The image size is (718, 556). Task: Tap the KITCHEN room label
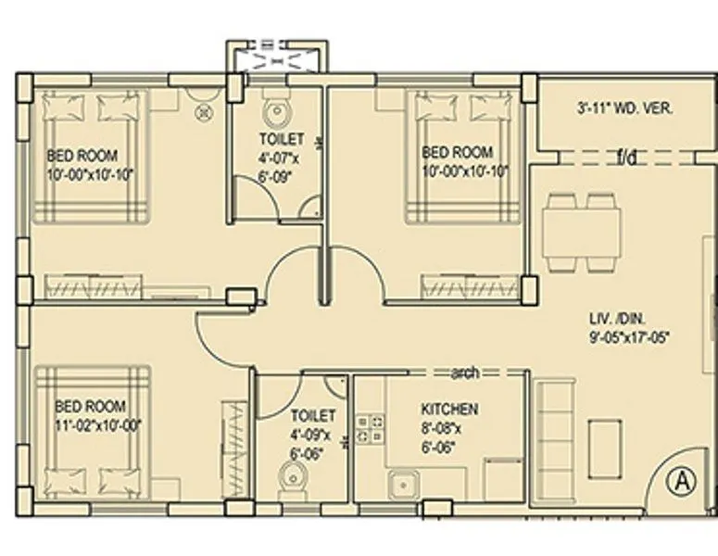[449, 409]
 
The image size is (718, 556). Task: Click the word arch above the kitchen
[464, 373]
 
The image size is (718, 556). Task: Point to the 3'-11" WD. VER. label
[625, 108]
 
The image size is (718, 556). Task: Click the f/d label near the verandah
[627, 158]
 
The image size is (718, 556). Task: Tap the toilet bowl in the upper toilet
[275, 115]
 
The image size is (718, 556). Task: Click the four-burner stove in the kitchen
[371, 428]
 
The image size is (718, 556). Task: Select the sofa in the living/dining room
[555, 436]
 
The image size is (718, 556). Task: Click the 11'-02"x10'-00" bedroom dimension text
[96, 425]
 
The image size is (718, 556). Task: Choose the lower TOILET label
[313, 416]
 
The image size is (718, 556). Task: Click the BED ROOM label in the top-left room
[82, 156]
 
